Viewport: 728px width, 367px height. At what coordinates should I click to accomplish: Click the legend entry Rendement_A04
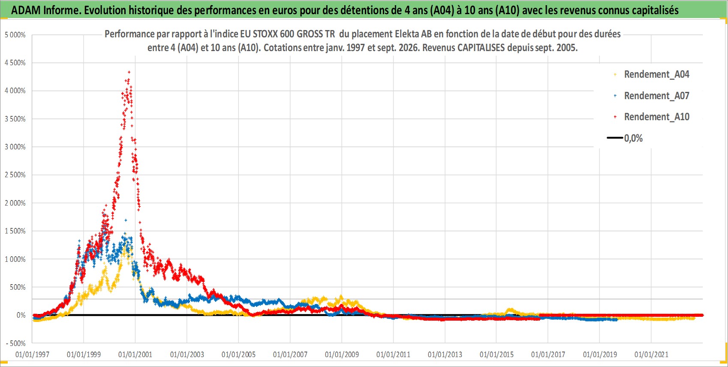click(x=651, y=75)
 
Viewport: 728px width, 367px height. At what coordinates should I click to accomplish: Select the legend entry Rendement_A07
click(x=651, y=96)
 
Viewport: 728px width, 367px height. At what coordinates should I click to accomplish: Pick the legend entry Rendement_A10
click(x=651, y=117)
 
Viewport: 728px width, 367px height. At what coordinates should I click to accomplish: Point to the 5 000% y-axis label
click(x=15, y=35)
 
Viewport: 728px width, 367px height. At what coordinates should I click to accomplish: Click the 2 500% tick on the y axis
click(x=15, y=175)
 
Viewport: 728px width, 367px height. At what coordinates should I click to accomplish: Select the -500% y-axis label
click(x=15, y=343)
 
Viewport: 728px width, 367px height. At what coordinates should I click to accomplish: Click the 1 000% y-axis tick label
click(x=15, y=259)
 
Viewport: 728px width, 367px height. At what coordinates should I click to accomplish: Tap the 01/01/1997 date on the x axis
click(x=32, y=355)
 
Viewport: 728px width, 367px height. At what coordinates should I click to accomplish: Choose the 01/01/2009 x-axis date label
click(x=342, y=355)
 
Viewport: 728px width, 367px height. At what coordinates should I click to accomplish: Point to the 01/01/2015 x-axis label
click(x=496, y=355)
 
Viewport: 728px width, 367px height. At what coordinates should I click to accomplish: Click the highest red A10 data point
click(x=129, y=72)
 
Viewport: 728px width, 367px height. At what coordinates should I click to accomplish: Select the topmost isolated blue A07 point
click(x=126, y=221)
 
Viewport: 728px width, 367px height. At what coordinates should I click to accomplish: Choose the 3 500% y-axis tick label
click(x=15, y=119)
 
